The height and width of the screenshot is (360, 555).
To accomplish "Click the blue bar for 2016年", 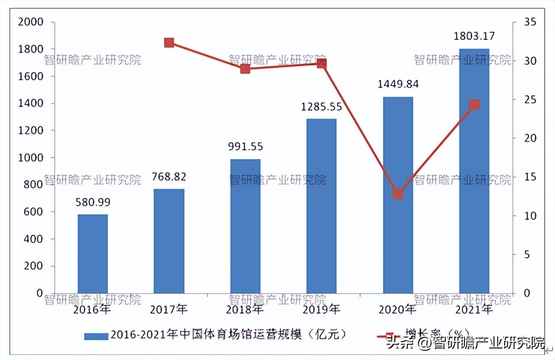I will [92, 254].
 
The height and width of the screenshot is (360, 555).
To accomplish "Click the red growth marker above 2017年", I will [169, 43].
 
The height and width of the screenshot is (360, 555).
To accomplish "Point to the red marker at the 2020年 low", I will [398, 194].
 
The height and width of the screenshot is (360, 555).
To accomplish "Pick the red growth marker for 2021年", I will [475, 105].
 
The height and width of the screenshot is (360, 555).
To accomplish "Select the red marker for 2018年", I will [245, 69].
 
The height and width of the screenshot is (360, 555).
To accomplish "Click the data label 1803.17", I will [474, 36].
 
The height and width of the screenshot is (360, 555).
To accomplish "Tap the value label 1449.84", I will [398, 84].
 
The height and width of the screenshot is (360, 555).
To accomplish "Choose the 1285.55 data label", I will [321, 106].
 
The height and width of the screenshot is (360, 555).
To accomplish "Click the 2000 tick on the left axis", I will [30, 22].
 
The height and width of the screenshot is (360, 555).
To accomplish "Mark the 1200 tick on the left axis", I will [30, 131].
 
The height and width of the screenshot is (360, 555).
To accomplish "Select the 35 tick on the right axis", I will [529, 22].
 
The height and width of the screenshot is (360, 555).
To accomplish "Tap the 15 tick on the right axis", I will [529, 177].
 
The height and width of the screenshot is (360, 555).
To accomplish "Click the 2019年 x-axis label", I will [321, 309].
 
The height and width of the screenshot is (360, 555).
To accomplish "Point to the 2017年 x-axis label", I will [169, 309].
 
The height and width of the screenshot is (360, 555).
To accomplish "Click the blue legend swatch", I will [96, 335].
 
